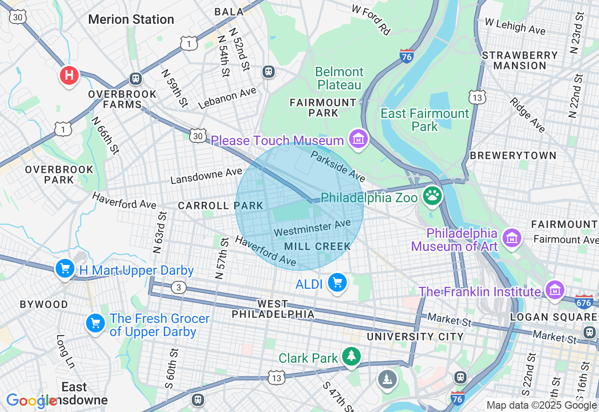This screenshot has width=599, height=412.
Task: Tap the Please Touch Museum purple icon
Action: [x=358, y=139]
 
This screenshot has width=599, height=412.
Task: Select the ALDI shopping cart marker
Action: [x=337, y=282]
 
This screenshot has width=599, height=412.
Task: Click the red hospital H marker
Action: [x=69, y=75]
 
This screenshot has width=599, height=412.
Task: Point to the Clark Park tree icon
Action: [x=351, y=356]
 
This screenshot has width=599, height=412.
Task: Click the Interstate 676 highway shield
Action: [x=584, y=301]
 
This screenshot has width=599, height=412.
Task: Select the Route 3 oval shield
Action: [x=178, y=287]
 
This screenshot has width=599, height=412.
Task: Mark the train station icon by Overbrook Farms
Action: [x=136, y=78]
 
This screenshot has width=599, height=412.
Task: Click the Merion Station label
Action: [x=131, y=20]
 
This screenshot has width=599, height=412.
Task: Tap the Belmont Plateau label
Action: [x=339, y=78]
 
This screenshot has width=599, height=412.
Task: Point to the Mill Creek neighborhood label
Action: [x=317, y=246]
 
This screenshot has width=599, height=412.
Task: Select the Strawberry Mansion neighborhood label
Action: [x=520, y=60]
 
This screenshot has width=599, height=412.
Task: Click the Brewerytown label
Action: [x=513, y=155]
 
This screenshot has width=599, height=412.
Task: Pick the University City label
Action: [x=415, y=337]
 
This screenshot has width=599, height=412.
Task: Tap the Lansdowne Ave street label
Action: [x=206, y=177]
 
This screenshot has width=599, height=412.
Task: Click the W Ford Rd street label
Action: [x=371, y=20]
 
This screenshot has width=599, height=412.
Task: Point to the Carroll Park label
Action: [x=220, y=206]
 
